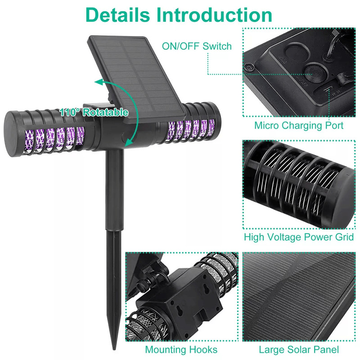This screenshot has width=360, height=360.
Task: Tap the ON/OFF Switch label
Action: pyautogui.click(x=197, y=46)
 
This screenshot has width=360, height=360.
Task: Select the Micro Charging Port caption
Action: pyautogui.click(x=299, y=125)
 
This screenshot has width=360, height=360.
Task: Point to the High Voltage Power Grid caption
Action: pyautogui.click(x=299, y=237)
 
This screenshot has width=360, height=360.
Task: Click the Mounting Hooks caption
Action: pyautogui.click(x=181, y=349)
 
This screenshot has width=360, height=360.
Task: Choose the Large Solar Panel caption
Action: pyautogui.click(x=299, y=349)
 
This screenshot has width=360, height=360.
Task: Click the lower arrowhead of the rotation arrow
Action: pyautogui.click(x=128, y=143)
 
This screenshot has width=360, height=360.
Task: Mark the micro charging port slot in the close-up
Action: pyautogui.click(x=328, y=89)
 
